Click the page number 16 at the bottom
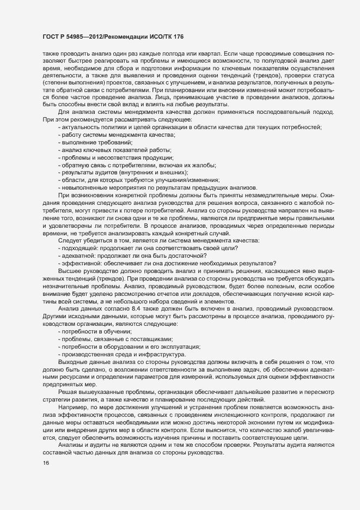tap(38, 479)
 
